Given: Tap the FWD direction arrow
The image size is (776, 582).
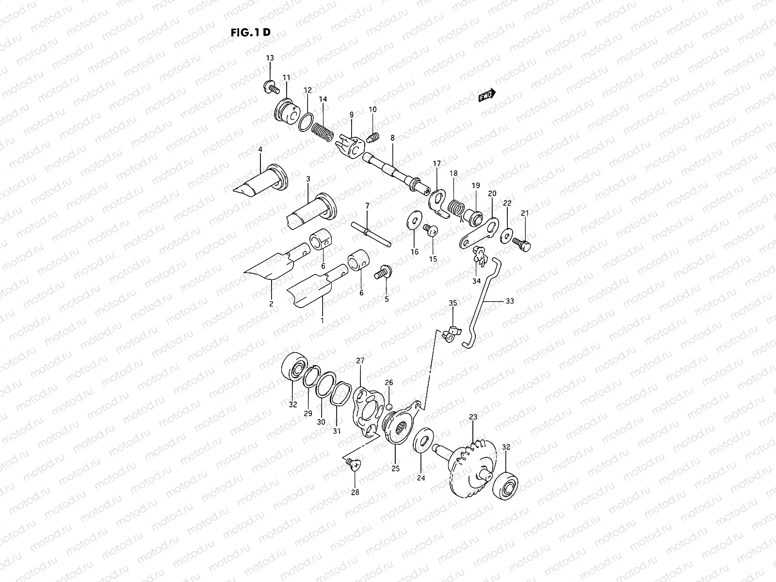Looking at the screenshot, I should (x=486, y=96).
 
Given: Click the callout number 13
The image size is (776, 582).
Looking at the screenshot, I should (x=270, y=58).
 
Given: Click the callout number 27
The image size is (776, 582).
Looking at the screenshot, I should (x=360, y=361).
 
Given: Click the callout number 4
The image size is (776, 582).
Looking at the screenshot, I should (x=260, y=149).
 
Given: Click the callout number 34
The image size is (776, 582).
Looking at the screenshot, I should (x=476, y=281).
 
